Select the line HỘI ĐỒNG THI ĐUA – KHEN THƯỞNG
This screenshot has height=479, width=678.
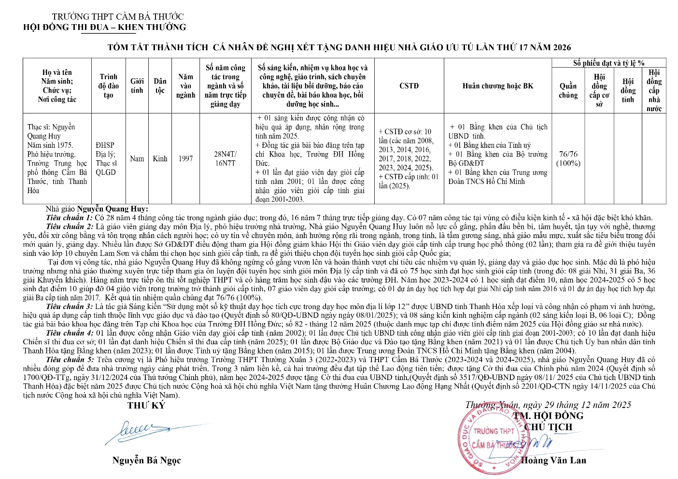point(104,27)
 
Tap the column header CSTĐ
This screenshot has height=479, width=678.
point(409,86)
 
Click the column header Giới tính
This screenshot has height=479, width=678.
point(137,86)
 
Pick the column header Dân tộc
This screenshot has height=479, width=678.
point(160,86)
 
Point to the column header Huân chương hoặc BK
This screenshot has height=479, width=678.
point(498,86)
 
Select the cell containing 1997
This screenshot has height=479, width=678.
point(185,158)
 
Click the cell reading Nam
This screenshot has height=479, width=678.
point(137,158)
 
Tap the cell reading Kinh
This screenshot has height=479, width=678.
point(160,158)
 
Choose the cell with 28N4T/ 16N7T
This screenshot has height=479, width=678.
point(226,158)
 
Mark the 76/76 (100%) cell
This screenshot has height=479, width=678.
point(568,158)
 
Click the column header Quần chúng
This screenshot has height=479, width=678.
point(568,91)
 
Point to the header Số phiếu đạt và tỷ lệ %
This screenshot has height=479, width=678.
point(608,63)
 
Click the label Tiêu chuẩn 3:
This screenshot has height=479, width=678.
point(70,307)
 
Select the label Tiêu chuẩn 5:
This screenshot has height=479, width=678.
point(70,360)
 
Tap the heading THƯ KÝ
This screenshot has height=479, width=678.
point(146,406)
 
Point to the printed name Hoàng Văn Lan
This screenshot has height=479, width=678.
point(553,460)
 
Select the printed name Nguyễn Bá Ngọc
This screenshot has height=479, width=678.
point(146,460)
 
